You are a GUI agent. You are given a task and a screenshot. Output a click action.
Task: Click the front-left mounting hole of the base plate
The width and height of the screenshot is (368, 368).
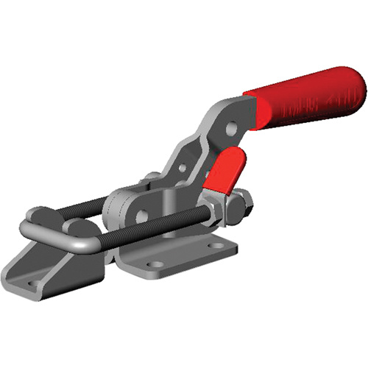pos(152,263)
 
